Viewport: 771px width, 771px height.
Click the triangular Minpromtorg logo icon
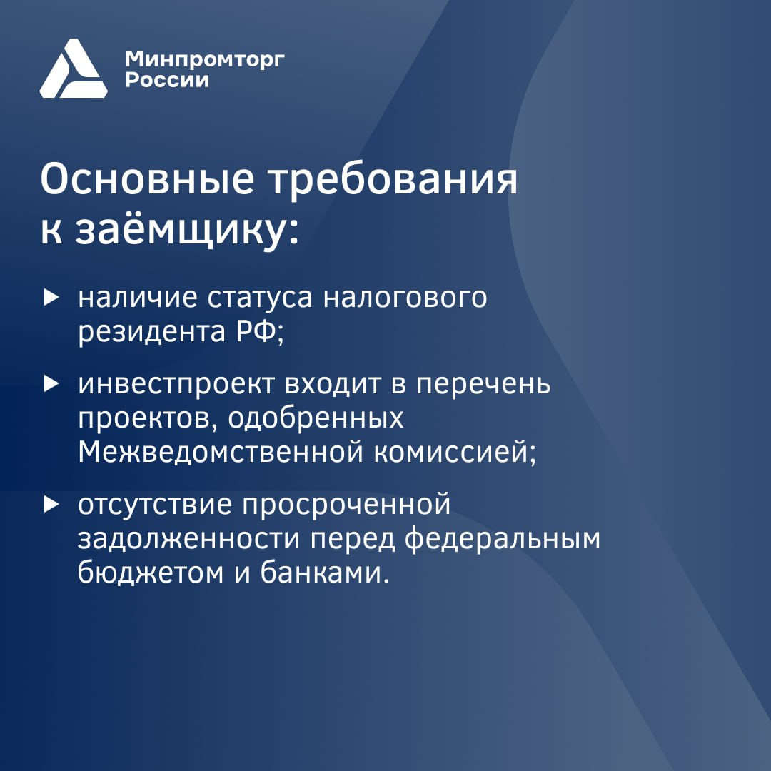[x=74, y=69]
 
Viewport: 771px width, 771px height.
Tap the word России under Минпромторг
[x=167, y=80]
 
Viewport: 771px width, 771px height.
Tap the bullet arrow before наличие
[x=51, y=298]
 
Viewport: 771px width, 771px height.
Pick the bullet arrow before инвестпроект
[x=51, y=384]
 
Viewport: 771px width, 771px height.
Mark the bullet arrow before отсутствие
[x=51, y=504]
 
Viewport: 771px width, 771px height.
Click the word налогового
[x=405, y=298]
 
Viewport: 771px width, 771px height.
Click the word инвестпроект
[x=176, y=385]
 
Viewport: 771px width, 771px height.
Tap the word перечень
[x=483, y=385]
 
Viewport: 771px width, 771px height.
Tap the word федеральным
[x=503, y=539]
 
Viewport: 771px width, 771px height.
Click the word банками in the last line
[x=321, y=573]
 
